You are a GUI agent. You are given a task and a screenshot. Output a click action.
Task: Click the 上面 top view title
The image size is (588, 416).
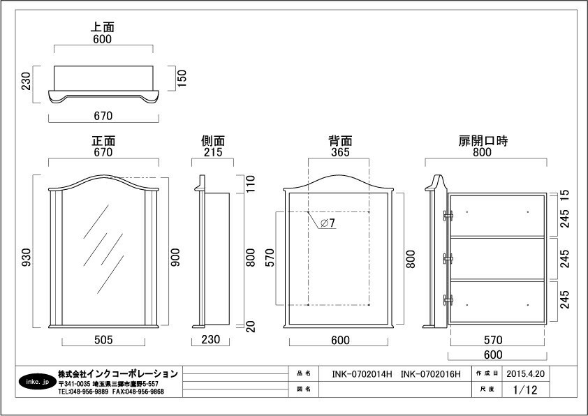point(103,27)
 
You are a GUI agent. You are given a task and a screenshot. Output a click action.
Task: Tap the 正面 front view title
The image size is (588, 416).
point(103,141)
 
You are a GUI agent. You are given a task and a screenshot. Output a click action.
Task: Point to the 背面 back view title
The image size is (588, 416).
point(339,141)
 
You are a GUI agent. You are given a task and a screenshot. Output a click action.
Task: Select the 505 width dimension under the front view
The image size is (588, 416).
point(103,340)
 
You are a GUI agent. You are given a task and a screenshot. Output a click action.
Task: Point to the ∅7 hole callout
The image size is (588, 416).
point(328,223)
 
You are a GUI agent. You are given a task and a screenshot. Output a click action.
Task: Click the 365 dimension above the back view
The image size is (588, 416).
point(339,152)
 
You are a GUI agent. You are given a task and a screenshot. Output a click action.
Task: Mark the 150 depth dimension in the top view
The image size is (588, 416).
point(182,77)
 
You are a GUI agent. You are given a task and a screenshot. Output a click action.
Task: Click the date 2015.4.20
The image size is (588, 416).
point(525,373)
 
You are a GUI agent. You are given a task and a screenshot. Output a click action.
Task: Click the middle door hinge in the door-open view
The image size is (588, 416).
point(448,259)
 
